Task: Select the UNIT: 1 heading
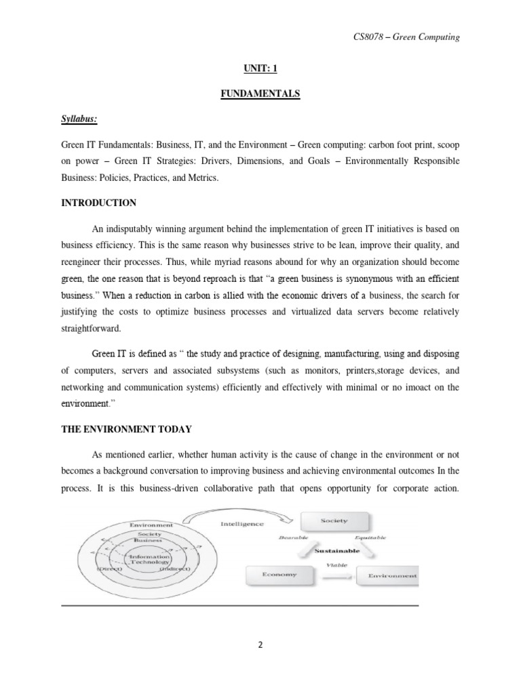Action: pos(260,68)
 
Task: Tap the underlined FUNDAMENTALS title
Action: pos(260,94)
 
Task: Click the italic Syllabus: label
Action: pos(79,119)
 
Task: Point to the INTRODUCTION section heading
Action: pos(99,203)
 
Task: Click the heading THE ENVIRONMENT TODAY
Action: pos(127,428)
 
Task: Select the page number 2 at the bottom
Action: pos(260,645)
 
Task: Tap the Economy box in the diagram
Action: pos(279,575)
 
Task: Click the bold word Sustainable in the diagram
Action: pos(337,551)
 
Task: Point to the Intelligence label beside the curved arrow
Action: pos(243,523)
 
